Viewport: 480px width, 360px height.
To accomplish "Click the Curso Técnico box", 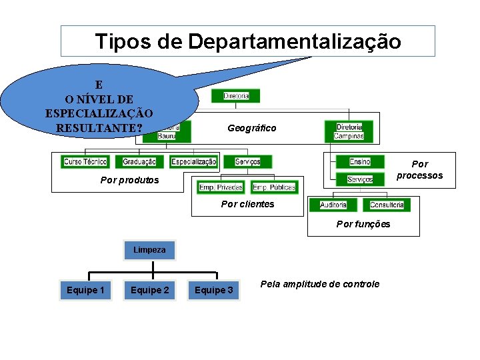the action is point(85,162).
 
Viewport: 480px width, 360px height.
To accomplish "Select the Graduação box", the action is point(139,162).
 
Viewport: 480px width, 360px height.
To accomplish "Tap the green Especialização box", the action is point(194,162).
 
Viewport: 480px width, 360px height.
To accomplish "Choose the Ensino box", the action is point(360,162).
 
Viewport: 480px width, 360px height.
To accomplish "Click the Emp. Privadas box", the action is point(221,187).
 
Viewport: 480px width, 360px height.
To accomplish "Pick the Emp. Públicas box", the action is point(273,187).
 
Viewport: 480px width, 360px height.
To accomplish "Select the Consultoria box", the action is point(387,205).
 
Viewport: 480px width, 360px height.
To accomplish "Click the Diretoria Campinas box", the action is point(349,131).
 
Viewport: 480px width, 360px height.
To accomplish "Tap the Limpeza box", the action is point(149,250).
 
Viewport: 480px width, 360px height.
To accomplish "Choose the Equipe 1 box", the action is point(86,290).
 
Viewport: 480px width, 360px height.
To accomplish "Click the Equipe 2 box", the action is point(150,290).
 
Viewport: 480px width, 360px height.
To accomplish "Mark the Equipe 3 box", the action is point(214,290).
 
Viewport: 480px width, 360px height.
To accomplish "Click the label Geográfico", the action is point(251,128).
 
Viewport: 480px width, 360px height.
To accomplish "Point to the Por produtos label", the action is point(129,180).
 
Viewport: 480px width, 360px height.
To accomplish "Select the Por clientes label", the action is point(247,204).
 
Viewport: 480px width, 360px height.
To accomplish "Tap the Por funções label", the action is point(363,224).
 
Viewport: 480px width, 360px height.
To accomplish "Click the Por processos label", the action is point(420,169).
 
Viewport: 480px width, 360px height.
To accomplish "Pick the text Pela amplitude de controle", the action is point(319,284).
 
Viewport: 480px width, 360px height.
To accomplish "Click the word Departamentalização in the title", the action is point(295,41).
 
